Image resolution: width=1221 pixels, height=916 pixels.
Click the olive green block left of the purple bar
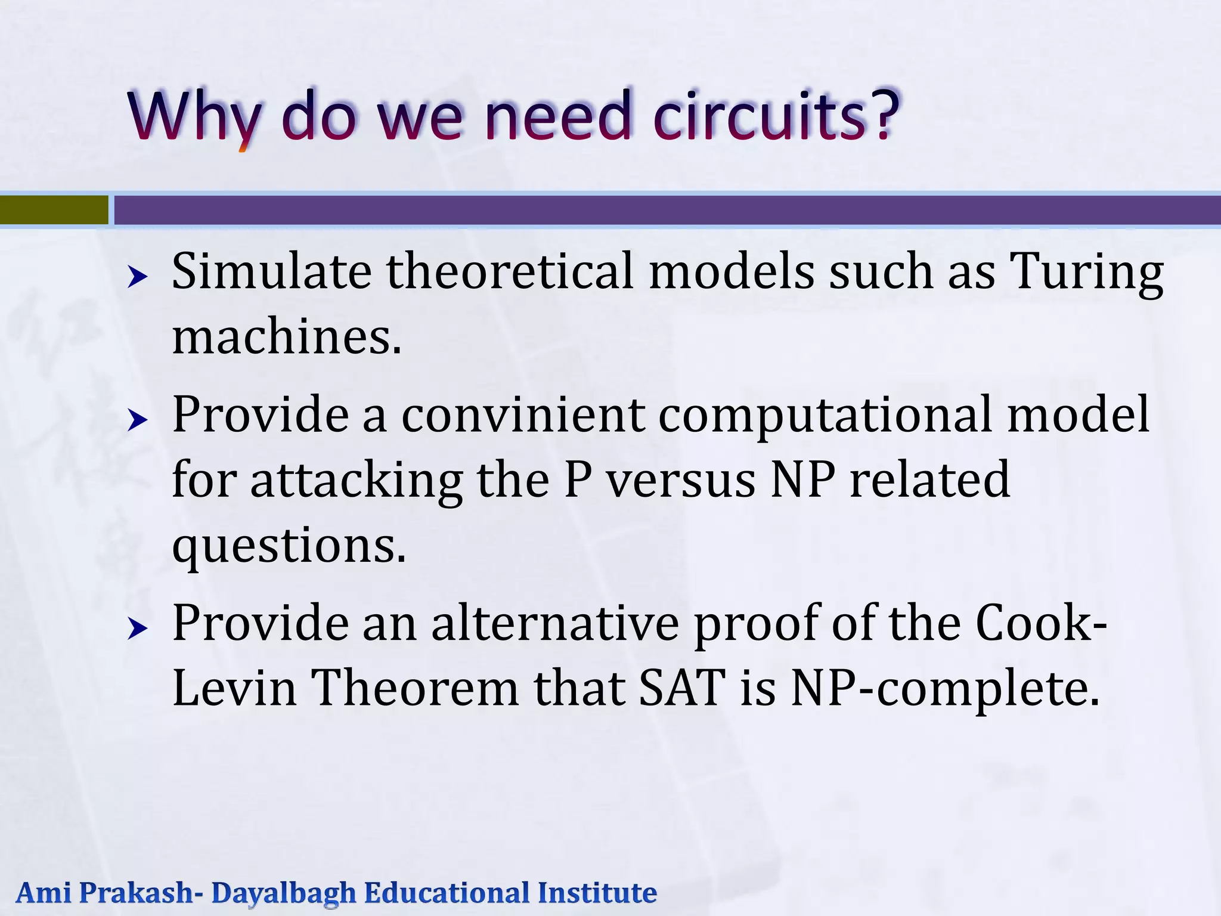pyautogui.click(x=54, y=210)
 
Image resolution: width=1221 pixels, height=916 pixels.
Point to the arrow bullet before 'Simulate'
pyautogui.click(x=138, y=277)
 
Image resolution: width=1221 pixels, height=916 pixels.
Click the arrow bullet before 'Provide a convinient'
pyautogui.click(x=138, y=420)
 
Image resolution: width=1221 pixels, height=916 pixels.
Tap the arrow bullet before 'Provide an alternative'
pyautogui.click(x=138, y=628)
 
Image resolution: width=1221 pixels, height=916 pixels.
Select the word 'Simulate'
pyautogui.click(x=271, y=271)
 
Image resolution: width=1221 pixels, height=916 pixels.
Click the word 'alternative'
pyautogui.click(x=555, y=623)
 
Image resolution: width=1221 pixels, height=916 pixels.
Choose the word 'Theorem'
pyautogui.click(x=415, y=688)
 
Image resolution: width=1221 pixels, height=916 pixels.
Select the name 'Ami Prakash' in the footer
pyautogui.click(x=104, y=893)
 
